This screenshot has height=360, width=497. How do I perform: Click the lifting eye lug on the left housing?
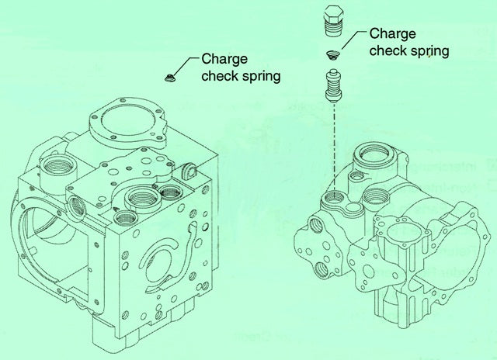189,170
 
